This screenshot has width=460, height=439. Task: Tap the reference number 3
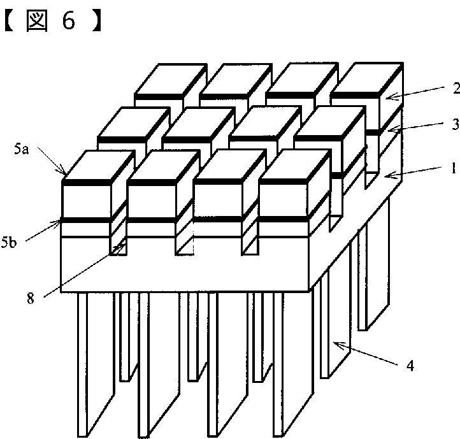coord(456,124)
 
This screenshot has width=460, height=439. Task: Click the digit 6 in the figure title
coord(68,21)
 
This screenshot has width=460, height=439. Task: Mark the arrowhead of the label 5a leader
coord(66,173)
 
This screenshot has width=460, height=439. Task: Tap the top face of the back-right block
coord(366,78)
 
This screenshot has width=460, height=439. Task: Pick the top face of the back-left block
coord(169,78)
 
